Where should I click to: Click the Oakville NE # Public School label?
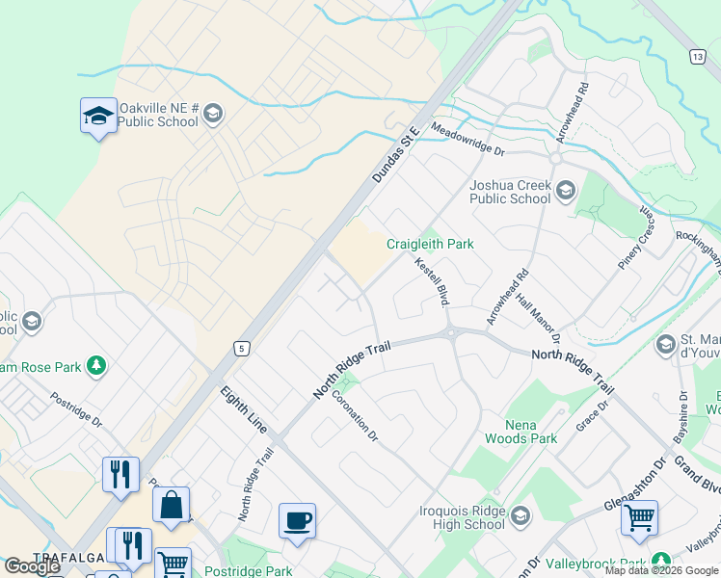(x=159, y=115)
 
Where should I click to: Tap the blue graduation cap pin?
(x=97, y=117)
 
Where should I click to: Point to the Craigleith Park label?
(x=430, y=245)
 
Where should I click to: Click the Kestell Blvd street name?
(x=433, y=281)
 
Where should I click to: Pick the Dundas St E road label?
(x=396, y=155)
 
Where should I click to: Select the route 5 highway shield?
(x=241, y=347)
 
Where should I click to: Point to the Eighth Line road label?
(x=245, y=409)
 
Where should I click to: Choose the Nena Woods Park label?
(x=531, y=431)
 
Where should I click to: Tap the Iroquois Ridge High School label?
(x=463, y=517)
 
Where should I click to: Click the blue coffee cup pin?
(x=297, y=521)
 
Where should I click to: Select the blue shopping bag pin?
(x=171, y=505)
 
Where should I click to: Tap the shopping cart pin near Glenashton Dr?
(x=639, y=518)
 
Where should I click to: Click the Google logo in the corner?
(x=32, y=567)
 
